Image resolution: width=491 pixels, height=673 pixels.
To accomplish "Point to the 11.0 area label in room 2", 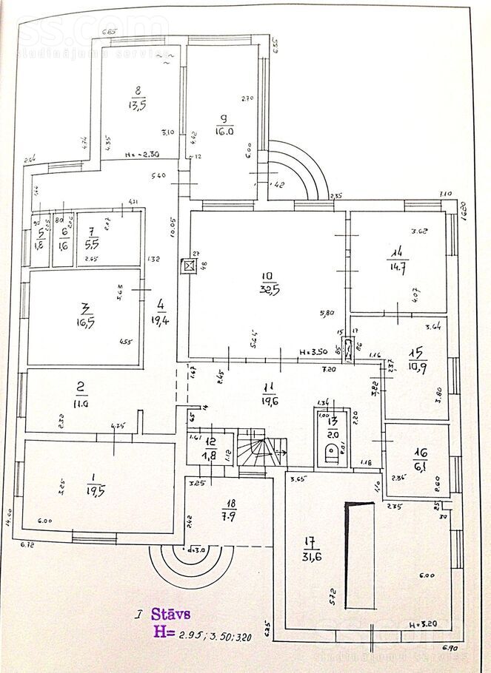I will point(81,404).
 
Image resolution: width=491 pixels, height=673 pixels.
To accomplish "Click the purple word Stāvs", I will point(171,614).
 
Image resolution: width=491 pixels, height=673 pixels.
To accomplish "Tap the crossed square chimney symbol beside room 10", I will point(189,265).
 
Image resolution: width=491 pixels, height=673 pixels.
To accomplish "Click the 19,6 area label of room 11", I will point(270,392).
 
